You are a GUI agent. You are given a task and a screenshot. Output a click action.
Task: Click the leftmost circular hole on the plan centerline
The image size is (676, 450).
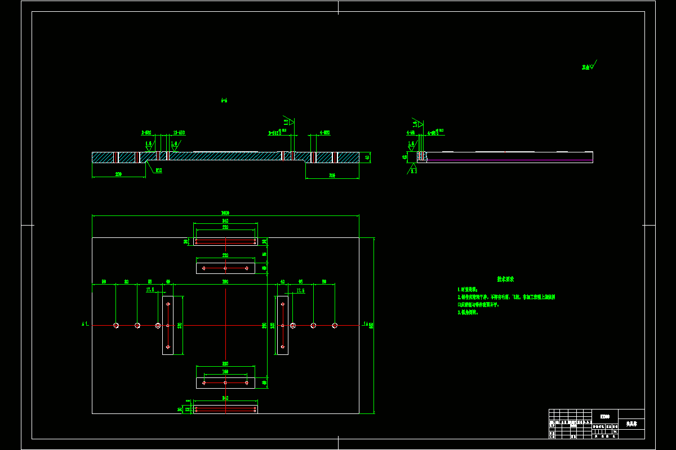click(x=116, y=325)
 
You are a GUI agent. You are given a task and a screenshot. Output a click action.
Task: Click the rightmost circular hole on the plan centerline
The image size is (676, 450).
click(x=335, y=325)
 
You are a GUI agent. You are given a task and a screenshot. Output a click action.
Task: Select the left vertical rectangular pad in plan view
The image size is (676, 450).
click(x=168, y=325)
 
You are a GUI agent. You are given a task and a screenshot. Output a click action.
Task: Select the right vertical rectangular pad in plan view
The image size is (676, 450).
click(x=282, y=325)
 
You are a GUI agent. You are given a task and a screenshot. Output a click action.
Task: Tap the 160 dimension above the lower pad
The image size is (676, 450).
click(x=225, y=372)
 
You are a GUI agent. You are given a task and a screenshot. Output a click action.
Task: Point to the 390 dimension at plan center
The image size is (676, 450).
click(x=225, y=281)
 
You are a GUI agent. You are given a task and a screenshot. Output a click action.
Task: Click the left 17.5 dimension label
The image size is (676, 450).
click(x=150, y=290)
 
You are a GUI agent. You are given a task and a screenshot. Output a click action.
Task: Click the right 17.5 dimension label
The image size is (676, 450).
click(x=300, y=290)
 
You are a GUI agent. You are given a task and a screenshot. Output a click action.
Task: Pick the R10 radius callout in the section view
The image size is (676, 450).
click(x=159, y=170)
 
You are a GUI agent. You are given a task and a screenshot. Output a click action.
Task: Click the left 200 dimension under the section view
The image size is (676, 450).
click(x=118, y=174)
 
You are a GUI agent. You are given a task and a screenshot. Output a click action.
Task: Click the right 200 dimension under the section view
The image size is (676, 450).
click(x=332, y=175)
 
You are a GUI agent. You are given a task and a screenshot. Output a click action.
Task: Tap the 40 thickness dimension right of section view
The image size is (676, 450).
click(x=367, y=157)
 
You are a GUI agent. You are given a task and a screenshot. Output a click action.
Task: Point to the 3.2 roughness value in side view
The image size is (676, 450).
click(x=413, y=171)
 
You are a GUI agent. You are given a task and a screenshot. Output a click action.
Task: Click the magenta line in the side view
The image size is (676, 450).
click(x=507, y=160)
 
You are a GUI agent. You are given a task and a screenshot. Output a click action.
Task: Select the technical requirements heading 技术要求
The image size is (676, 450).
click(x=505, y=278)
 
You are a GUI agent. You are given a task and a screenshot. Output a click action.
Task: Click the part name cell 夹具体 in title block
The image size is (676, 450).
click(x=631, y=424)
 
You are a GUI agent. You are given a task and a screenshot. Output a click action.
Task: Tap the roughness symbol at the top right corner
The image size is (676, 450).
click(x=590, y=66)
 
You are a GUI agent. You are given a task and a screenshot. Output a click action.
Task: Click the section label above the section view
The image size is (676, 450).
click(x=224, y=101)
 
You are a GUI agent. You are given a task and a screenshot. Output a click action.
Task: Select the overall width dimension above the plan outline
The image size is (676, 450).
click(x=225, y=213)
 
